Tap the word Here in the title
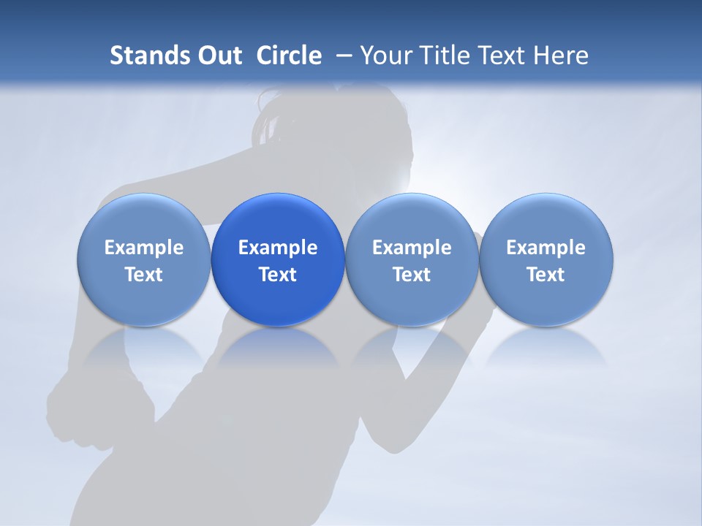coord(561,56)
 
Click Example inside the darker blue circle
coord(278,248)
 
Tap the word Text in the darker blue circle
coord(278,275)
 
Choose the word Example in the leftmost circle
coord(143,248)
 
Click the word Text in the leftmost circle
coord(143,275)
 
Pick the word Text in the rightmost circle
coord(546,275)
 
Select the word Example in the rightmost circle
coord(546,248)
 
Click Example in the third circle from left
coord(412,248)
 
